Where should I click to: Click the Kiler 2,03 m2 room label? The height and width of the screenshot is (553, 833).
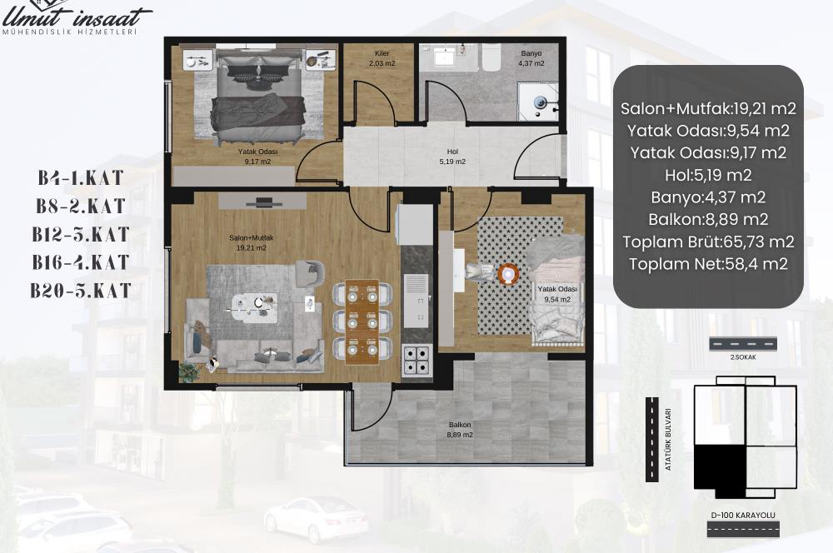tap(382, 58)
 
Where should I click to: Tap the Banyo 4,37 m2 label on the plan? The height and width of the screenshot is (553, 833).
tap(531, 58)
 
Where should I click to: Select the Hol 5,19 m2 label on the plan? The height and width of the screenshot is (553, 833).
tap(452, 157)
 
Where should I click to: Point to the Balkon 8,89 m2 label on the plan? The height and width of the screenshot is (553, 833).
tap(460, 430)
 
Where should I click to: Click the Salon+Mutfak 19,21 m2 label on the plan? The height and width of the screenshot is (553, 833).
tap(252, 242)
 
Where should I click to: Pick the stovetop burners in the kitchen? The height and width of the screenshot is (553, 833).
tap(417, 360)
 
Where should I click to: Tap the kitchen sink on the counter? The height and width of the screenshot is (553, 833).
tap(416, 300)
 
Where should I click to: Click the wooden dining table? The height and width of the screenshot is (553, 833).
tap(362, 321)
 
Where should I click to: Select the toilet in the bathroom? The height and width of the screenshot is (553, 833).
tap(491, 57)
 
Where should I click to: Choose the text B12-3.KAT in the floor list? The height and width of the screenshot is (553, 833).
tap(80, 234)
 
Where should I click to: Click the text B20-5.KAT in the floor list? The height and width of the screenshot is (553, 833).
tap(80, 291)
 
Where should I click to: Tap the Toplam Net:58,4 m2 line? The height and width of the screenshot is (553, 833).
tap(708, 263)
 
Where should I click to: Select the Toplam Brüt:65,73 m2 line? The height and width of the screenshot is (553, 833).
tap(708, 242)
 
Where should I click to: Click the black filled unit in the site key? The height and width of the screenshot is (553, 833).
tap(721, 470)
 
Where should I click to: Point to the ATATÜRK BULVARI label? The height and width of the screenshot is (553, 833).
tap(668, 440)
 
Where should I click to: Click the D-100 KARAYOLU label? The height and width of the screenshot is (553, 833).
tap(743, 515)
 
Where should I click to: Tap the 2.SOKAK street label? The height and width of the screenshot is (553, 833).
tap(743, 357)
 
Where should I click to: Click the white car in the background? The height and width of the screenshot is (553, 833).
tap(316, 519)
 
